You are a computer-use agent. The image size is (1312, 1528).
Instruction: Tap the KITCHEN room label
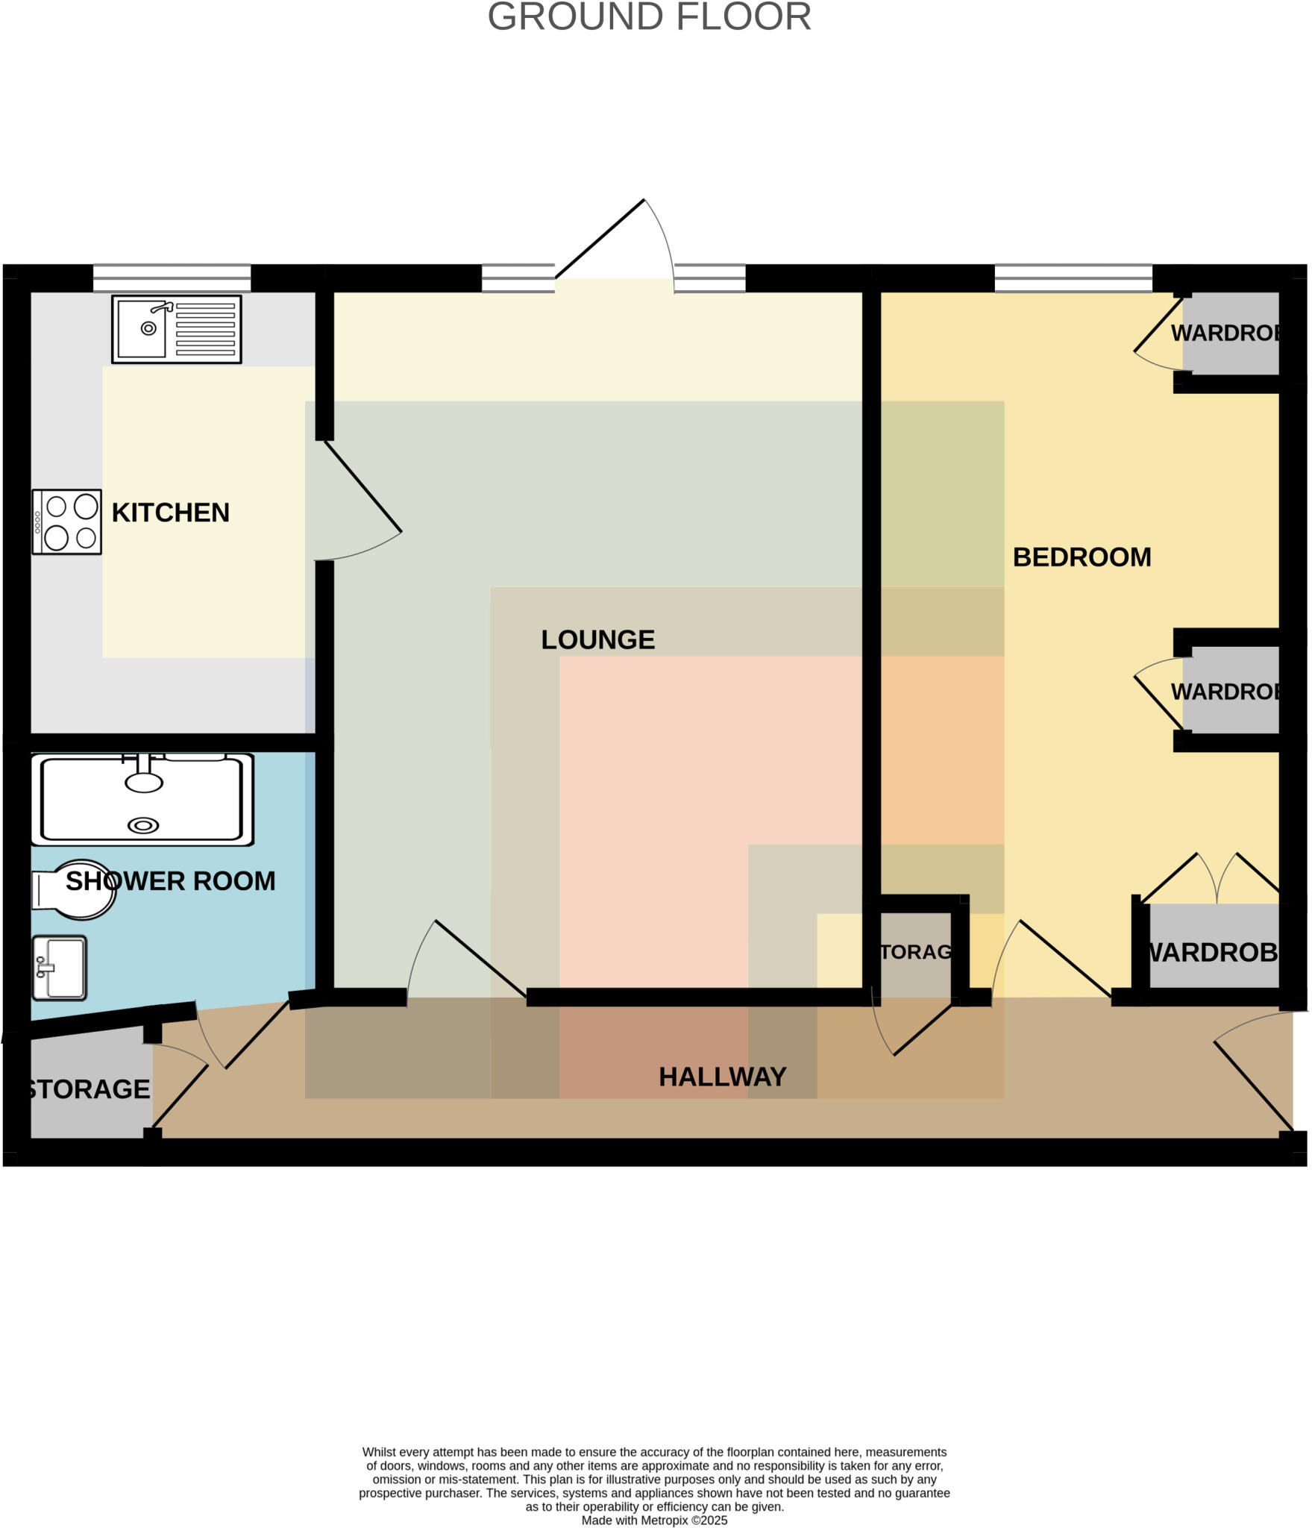(170, 513)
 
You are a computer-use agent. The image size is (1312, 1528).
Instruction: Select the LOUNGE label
(597, 639)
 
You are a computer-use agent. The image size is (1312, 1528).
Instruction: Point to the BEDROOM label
(1081, 557)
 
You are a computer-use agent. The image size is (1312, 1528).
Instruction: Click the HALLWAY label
(722, 1077)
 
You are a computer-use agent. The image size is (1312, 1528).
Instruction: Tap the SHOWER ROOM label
(170, 881)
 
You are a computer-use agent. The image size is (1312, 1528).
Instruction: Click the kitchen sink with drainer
(176, 329)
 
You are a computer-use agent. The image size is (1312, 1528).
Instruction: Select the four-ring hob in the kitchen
(66, 522)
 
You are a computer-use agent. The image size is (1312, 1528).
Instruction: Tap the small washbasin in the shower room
(60, 968)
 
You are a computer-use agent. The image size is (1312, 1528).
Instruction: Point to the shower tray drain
(143, 825)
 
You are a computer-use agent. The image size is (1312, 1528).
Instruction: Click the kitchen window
(172, 278)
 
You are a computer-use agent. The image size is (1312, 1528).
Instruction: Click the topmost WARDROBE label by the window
(1225, 333)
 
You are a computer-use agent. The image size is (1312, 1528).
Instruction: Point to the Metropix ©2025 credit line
(653, 1520)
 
